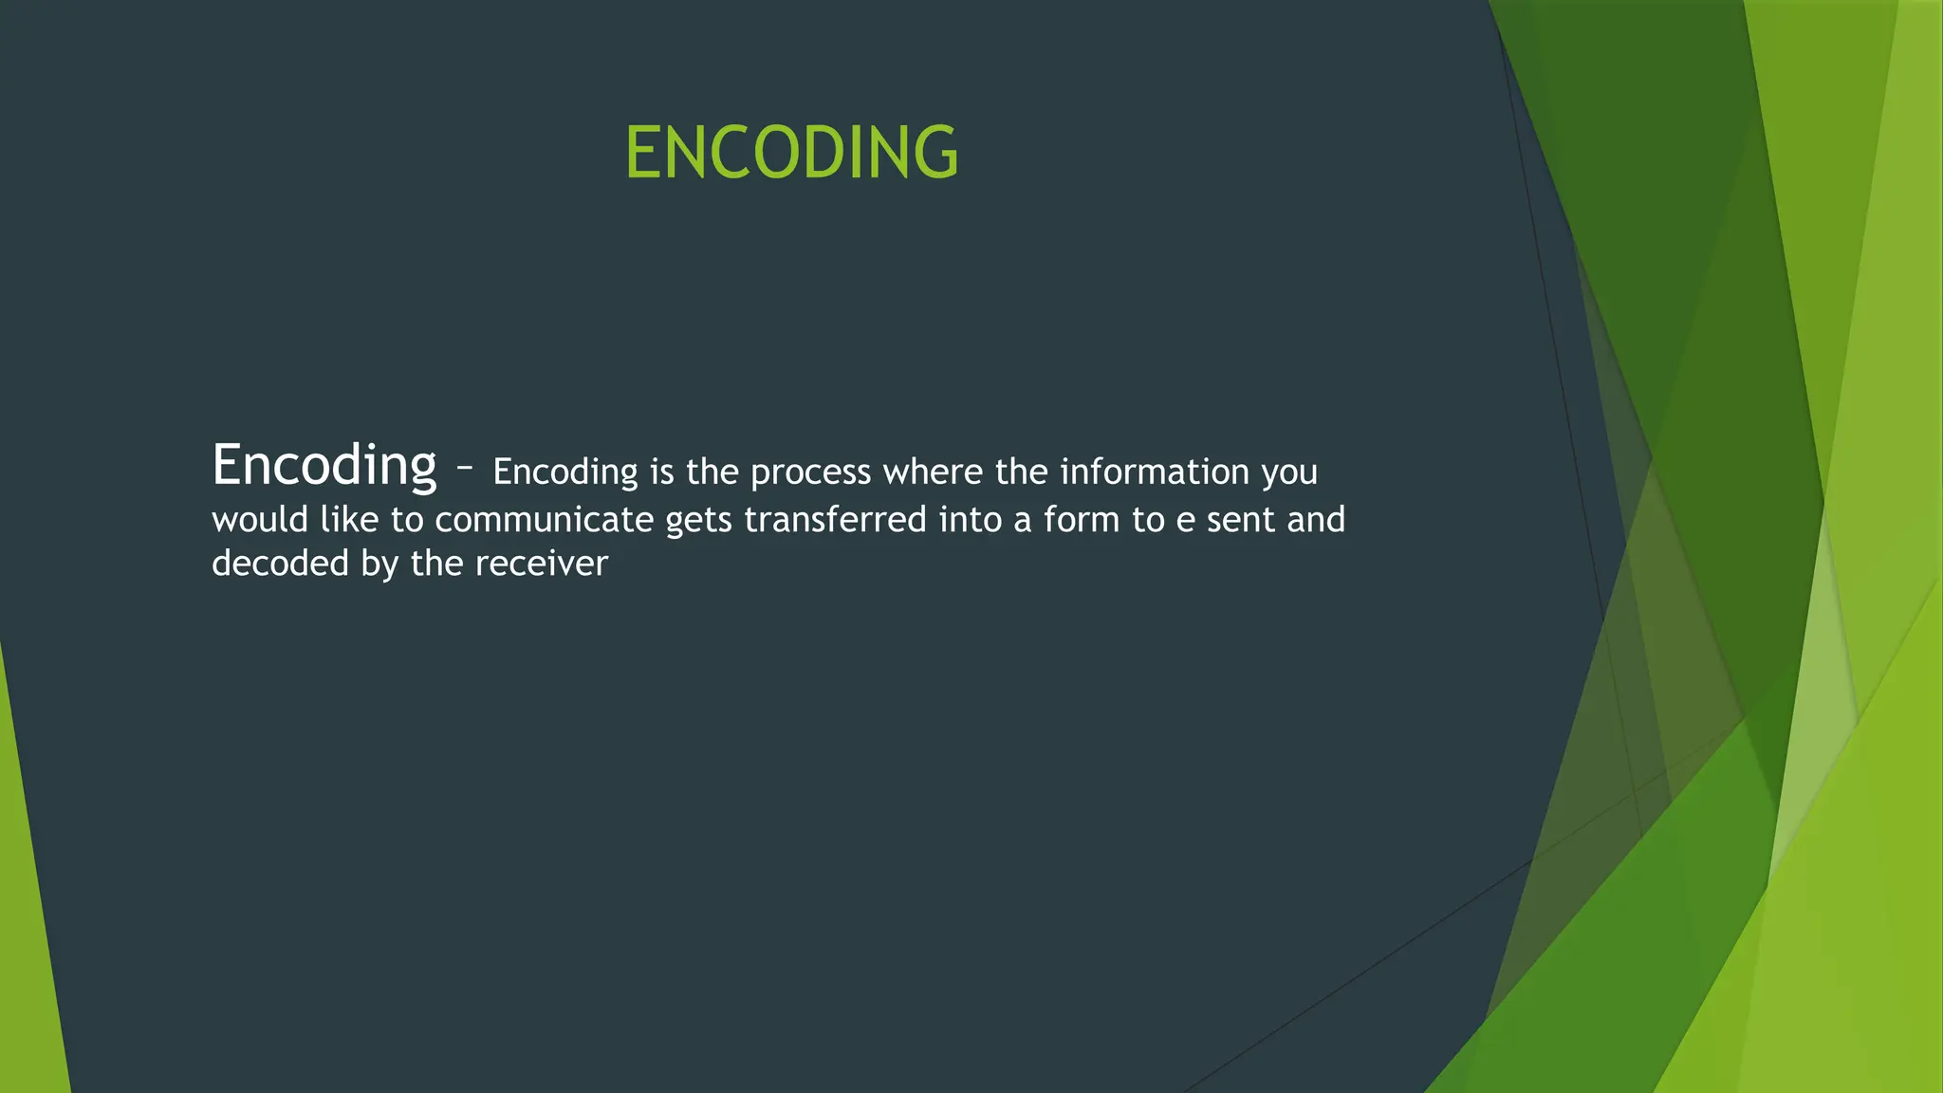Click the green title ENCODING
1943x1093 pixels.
(791, 153)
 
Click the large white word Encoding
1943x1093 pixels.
(324, 466)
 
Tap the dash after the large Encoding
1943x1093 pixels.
(464, 468)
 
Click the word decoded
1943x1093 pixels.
(280, 564)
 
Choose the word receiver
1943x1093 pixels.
(541, 564)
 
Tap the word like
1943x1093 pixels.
(349, 520)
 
